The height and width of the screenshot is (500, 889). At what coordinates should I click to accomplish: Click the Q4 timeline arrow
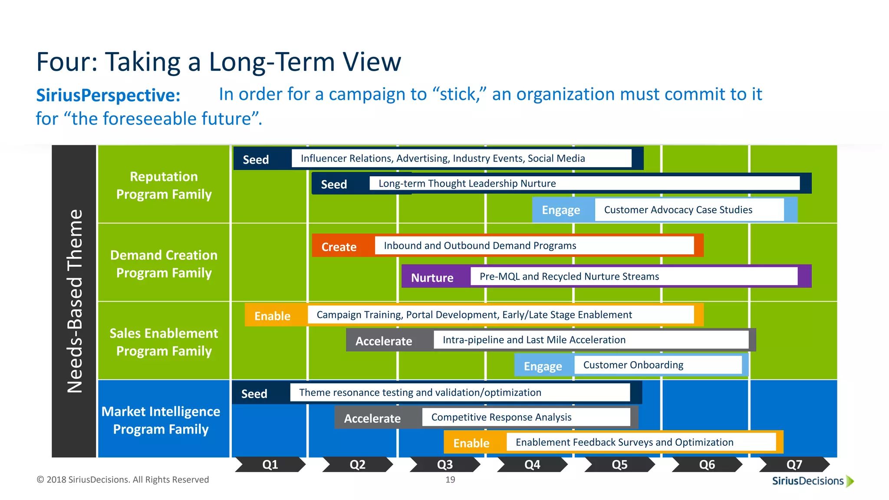point(532,464)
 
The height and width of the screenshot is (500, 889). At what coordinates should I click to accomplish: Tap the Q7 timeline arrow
point(794,464)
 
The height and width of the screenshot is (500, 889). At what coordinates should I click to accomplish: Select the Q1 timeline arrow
point(270,464)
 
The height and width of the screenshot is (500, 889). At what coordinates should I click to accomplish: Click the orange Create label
point(339,247)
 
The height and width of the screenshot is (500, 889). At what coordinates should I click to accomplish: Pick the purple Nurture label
point(432,277)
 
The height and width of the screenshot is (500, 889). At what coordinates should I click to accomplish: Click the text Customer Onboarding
point(633,365)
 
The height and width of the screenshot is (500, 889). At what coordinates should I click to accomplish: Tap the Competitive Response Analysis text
point(501,417)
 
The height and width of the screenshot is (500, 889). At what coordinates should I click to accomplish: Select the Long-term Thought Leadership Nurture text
point(467,183)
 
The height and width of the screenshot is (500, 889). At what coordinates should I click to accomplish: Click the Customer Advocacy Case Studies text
point(678,210)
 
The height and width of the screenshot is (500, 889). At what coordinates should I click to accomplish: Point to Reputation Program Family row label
point(164,185)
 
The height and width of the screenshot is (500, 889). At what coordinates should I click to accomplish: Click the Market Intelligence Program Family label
point(161,420)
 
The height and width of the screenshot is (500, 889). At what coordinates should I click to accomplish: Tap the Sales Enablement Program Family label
point(164,342)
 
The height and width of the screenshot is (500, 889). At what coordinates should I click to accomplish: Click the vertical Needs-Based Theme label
point(74,301)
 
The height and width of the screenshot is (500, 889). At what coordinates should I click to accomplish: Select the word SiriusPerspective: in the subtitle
point(108,95)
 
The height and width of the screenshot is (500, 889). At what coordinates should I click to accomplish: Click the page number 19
point(450,480)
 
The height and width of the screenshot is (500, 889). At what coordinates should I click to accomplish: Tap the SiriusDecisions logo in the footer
point(812,480)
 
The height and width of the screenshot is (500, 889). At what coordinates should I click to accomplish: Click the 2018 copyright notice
point(123,480)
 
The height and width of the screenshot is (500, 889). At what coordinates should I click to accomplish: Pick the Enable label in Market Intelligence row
point(471,443)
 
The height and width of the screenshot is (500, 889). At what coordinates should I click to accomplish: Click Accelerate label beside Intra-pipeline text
point(384,341)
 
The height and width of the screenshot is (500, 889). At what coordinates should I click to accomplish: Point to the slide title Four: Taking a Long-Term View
point(219,62)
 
